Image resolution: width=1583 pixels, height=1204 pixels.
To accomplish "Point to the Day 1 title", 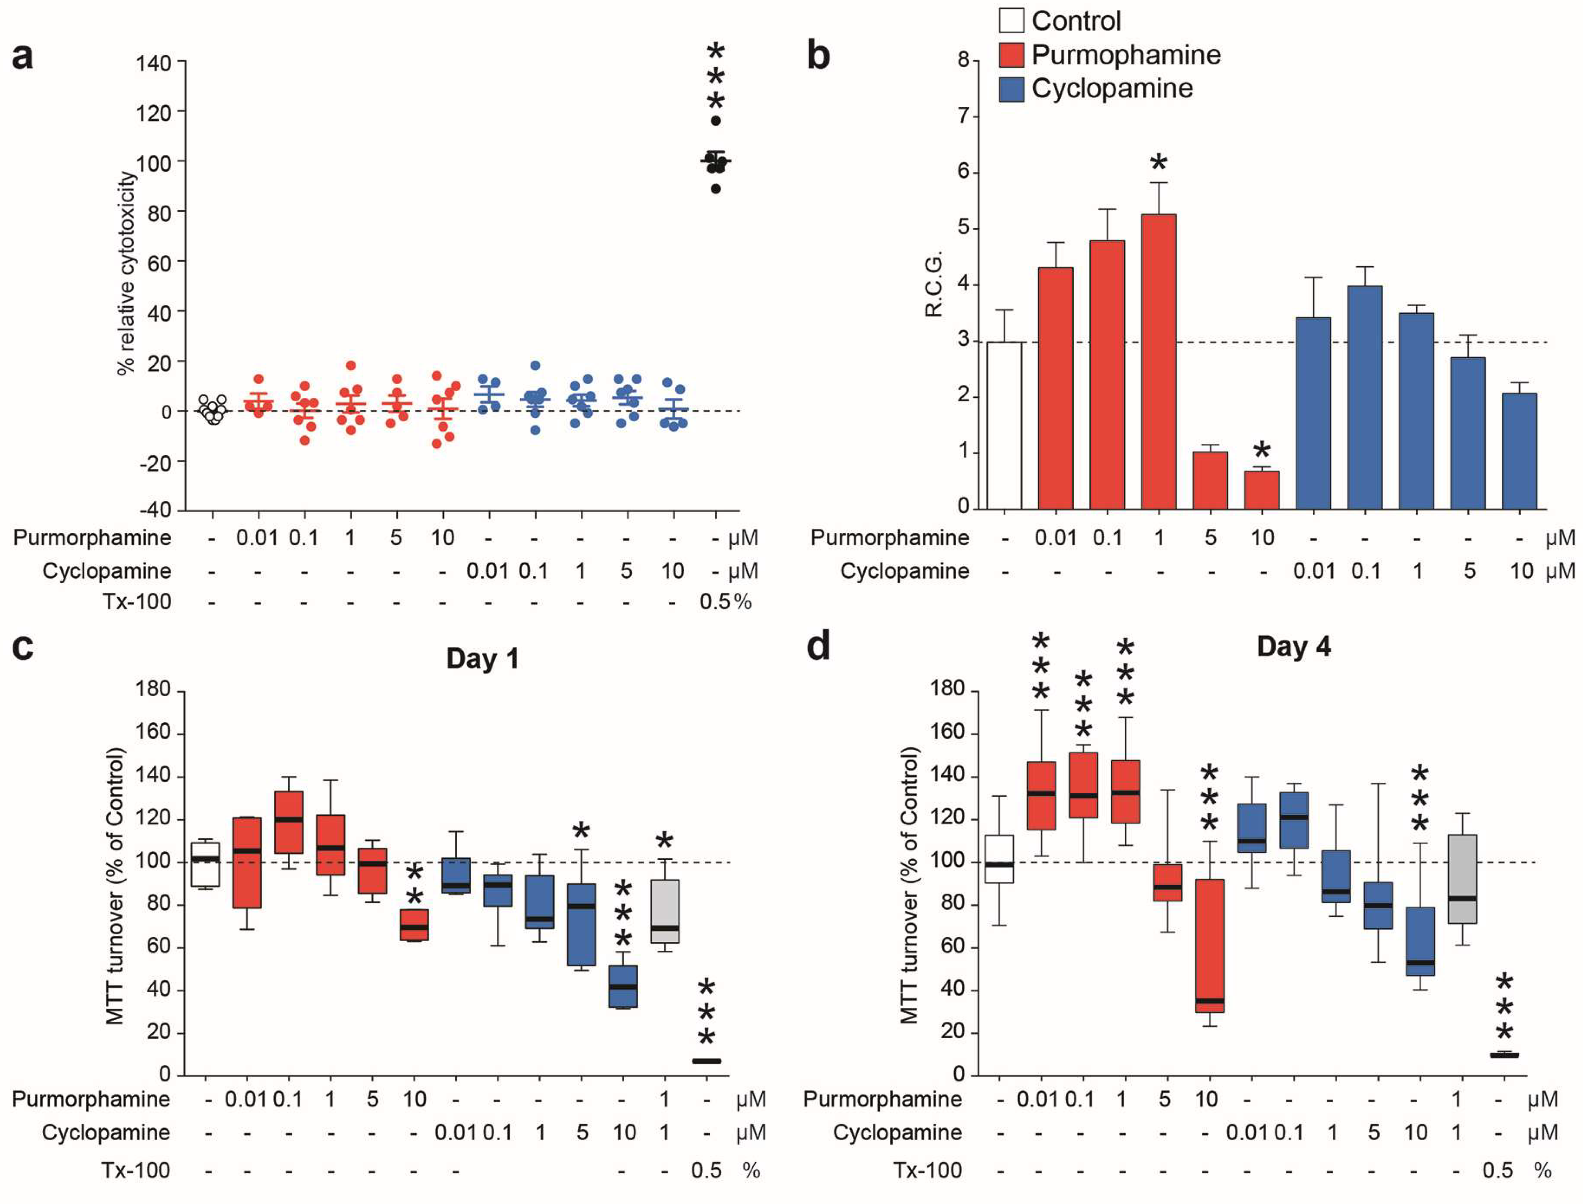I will pyautogui.click(x=482, y=658).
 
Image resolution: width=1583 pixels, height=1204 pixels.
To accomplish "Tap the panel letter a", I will pyautogui.click(x=23, y=56).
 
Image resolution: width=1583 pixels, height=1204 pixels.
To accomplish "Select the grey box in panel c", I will pyautogui.click(x=665, y=911).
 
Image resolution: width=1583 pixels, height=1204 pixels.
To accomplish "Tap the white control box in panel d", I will pyautogui.click(x=999, y=859).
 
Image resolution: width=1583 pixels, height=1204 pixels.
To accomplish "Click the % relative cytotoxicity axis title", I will pyautogui.click(x=126, y=272).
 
